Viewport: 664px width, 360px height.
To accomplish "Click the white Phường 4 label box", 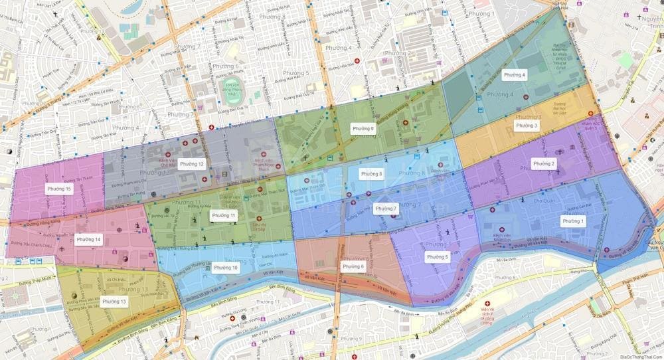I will coord(515,75).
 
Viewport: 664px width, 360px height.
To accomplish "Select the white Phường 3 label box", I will coord(527,125).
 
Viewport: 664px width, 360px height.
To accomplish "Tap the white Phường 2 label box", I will coord(544,163).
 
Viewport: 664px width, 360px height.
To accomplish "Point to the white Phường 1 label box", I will coord(573,221).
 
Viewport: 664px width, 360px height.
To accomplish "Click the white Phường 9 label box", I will coord(363,128).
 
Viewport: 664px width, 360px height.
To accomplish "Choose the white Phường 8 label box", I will coord(371,174).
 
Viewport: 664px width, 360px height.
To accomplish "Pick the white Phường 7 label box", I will coord(385,209).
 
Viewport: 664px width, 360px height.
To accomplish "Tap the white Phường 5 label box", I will coord(438,256).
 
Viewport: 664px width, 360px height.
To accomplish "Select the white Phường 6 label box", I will coord(353,266).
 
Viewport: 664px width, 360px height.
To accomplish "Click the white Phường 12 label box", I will coord(191,163).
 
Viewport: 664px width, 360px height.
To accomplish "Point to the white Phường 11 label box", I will coord(223,216).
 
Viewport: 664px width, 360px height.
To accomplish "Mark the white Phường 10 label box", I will coord(226,268).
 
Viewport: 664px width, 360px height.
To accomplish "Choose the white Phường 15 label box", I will coord(58,189).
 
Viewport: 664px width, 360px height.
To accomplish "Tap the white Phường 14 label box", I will coord(88,239).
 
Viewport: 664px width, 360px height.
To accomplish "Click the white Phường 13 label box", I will coord(114,302).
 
